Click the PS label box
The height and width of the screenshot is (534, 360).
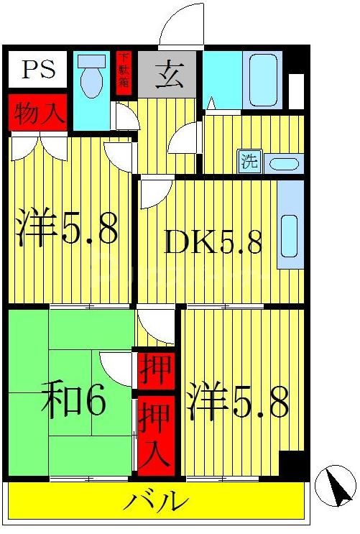point(37,70)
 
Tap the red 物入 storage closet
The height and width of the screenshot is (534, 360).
point(37,113)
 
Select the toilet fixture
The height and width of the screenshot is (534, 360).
point(91,77)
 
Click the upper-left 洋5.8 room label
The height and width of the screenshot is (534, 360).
point(66,229)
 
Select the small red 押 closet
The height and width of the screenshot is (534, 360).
point(156,369)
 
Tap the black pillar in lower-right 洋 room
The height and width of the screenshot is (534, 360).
point(292,464)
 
